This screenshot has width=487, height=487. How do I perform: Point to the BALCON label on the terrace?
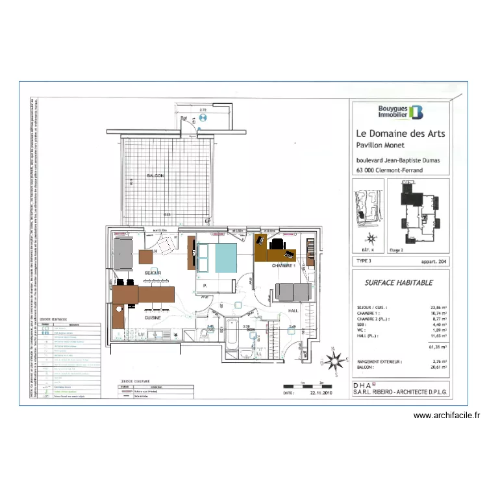pyautogui.click(x=155, y=176)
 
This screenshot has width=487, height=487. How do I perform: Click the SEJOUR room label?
pyautogui.click(x=153, y=273)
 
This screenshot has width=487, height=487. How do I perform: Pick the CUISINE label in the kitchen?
pyautogui.click(x=153, y=319)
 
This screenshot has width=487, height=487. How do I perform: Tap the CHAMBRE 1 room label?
pyautogui.click(x=283, y=266)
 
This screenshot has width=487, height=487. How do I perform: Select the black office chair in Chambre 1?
pyautogui.click(x=277, y=244)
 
